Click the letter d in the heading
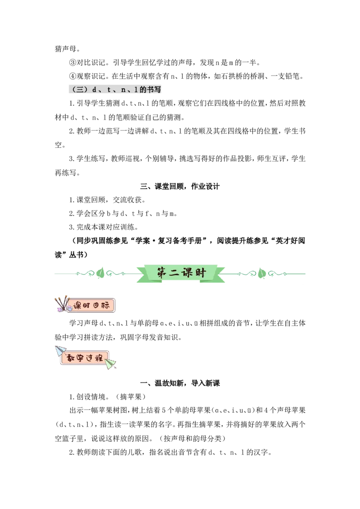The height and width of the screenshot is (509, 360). point(94,89)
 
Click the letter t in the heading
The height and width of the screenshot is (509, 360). point(108,89)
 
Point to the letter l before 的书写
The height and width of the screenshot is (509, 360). point(135,89)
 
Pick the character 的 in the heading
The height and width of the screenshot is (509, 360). point(143,89)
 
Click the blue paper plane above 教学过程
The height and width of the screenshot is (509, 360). point(60,351)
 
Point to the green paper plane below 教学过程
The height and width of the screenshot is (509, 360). point(111,364)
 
